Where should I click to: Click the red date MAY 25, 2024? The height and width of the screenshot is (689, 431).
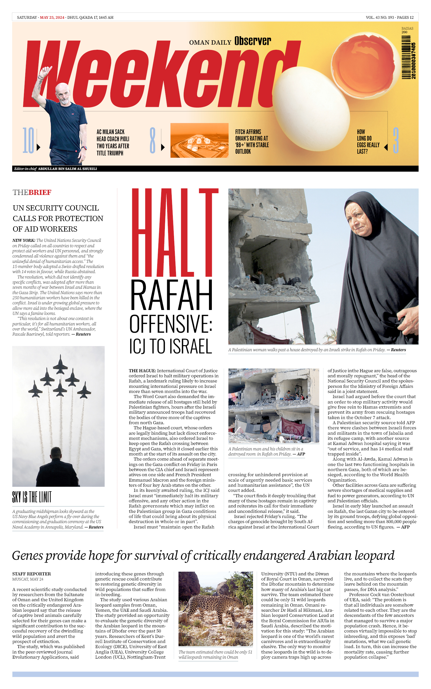[x=52, y=17]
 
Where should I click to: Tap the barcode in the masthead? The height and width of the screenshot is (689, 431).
[x=409, y=61]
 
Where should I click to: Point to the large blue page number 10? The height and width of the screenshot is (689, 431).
[x=28, y=140]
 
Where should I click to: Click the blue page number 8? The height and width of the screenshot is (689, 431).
[x=153, y=140]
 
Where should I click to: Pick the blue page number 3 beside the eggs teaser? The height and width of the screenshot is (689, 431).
[x=396, y=140]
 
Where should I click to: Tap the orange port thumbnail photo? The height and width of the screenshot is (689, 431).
[x=199, y=140]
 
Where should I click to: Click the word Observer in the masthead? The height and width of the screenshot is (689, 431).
[x=252, y=41]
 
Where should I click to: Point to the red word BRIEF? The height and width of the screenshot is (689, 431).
[x=40, y=193]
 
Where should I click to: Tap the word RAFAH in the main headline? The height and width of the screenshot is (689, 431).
[x=171, y=295]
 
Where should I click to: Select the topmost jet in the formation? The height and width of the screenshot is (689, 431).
[x=60, y=364]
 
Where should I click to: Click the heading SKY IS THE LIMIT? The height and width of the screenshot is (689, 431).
[x=32, y=497]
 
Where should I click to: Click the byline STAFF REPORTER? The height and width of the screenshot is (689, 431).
[x=31, y=574]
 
